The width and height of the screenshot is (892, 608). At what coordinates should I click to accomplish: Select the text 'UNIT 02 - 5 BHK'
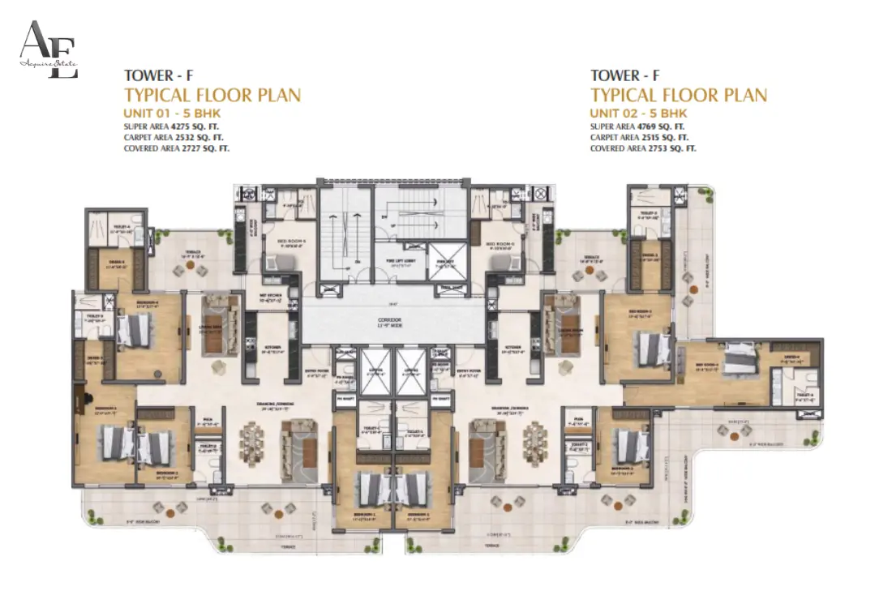tap(638, 113)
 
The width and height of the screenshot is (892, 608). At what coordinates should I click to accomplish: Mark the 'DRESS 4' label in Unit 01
tap(116, 262)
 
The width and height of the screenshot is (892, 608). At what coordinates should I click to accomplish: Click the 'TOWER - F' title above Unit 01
tap(158, 77)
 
